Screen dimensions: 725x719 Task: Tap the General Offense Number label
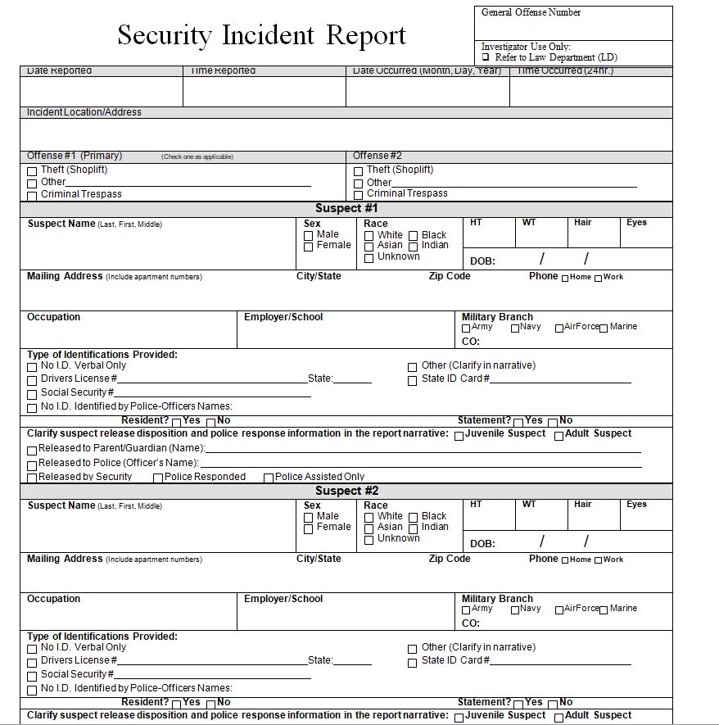pyautogui.click(x=531, y=12)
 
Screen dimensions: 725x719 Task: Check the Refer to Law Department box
pyautogui.click(x=486, y=58)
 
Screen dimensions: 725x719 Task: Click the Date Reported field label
pyautogui.click(x=59, y=71)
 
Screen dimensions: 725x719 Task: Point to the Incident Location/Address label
pyautogui.click(x=84, y=112)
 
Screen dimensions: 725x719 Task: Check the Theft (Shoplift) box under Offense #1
pyautogui.click(x=32, y=171)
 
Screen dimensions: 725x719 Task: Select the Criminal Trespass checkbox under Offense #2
pyautogui.click(x=358, y=195)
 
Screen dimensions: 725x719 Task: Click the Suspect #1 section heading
pyautogui.click(x=346, y=209)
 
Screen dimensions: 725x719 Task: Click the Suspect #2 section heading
pyautogui.click(x=346, y=491)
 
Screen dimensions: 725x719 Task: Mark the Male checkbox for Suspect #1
pyautogui.click(x=309, y=236)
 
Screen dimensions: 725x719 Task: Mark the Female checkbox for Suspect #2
pyautogui.click(x=309, y=528)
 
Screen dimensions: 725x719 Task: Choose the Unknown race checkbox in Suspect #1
pyautogui.click(x=369, y=258)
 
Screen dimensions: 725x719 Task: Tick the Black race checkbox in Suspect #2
pyautogui.click(x=414, y=518)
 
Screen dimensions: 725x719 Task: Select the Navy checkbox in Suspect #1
pyautogui.click(x=515, y=329)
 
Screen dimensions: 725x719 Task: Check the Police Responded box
pyautogui.click(x=158, y=478)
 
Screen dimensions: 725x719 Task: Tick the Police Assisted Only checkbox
pyautogui.click(x=269, y=478)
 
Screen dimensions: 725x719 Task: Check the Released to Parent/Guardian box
pyautogui.click(x=32, y=450)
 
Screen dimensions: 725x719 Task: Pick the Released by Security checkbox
pyautogui.click(x=32, y=478)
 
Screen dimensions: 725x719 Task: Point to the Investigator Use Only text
pyautogui.click(x=526, y=47)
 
